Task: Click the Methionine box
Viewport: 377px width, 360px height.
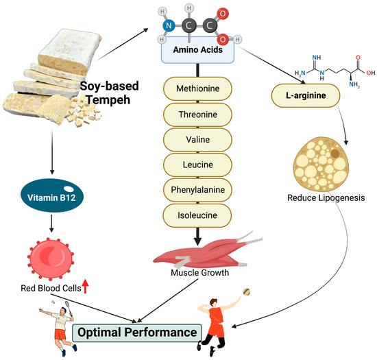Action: [197, 91]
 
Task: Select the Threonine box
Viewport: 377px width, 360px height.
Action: [197, 115]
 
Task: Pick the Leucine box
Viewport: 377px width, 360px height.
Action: [197, 165]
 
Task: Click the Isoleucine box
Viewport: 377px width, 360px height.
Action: [197, 215]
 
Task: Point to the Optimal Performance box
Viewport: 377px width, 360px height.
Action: [136, 332]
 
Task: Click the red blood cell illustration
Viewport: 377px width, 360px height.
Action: [49, 254]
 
